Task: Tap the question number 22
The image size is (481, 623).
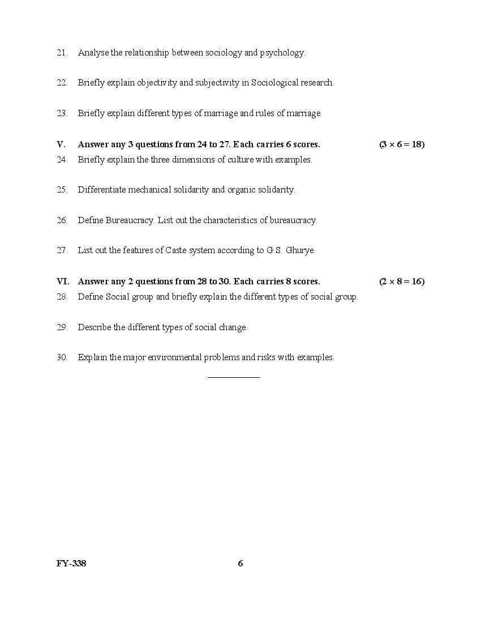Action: coord(62,83)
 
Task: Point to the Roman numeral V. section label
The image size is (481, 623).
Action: coord(61,144)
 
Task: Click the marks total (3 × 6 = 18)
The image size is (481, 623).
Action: coord(402,144)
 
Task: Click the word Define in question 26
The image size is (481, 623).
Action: coord(91,220)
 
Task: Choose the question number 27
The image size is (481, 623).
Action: coord(62,250)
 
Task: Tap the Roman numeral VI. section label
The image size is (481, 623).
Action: coord(63,281)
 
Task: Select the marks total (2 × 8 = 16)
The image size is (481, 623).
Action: coord(402,281)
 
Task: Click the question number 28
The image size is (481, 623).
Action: coord(62,297)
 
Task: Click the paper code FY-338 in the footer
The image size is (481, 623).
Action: coord(71,564)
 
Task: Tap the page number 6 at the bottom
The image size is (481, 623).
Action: coord(240,564)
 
